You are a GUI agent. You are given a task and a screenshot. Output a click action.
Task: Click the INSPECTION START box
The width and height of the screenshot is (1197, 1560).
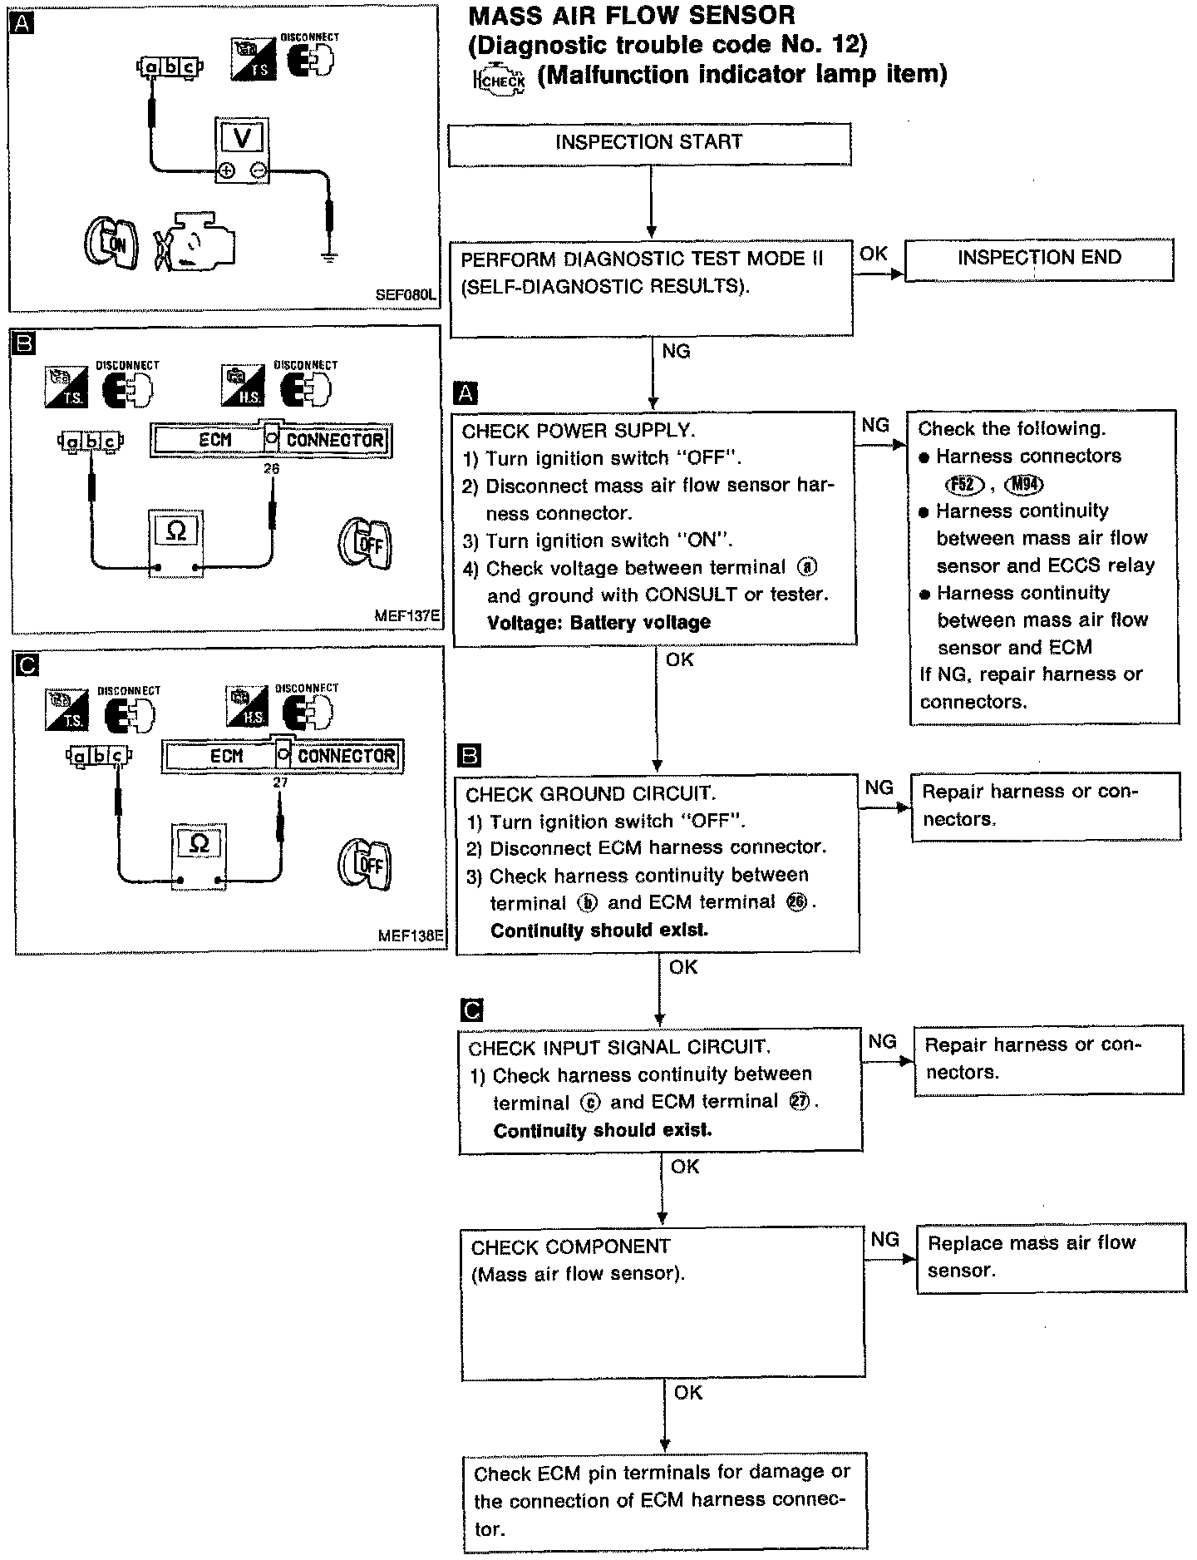point(649,144)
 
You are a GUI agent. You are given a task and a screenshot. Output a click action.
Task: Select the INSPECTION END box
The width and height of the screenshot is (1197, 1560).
point(1039,259)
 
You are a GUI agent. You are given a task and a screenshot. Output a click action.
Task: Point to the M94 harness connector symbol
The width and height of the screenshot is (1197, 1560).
point(1023,484)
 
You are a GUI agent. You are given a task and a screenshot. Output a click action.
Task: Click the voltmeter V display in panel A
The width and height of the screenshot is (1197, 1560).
point(241,137)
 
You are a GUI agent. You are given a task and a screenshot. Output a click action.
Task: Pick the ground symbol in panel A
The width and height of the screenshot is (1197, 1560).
point(330,257)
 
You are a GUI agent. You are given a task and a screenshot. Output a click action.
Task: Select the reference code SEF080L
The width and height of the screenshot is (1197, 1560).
point(405,294)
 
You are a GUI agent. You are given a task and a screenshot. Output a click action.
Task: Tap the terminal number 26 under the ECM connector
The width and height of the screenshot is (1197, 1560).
point(272,469)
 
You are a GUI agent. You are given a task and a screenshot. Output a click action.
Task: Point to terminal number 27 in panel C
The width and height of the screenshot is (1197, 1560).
point(280,782)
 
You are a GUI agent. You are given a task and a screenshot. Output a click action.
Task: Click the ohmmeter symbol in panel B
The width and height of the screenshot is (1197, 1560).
point(176,531)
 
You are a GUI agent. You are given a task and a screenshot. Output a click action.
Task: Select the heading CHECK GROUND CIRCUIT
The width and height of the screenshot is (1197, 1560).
point(590,793)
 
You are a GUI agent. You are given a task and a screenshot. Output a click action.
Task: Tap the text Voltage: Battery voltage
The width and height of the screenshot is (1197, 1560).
point(598,623)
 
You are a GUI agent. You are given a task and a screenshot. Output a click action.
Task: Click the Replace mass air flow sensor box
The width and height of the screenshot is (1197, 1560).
point(1050,1256)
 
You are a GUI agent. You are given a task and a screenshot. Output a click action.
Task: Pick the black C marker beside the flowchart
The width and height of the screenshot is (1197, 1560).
point(470,1010)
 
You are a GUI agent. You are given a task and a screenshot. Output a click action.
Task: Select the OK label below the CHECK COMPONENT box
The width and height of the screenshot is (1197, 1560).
point(688,1392)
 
